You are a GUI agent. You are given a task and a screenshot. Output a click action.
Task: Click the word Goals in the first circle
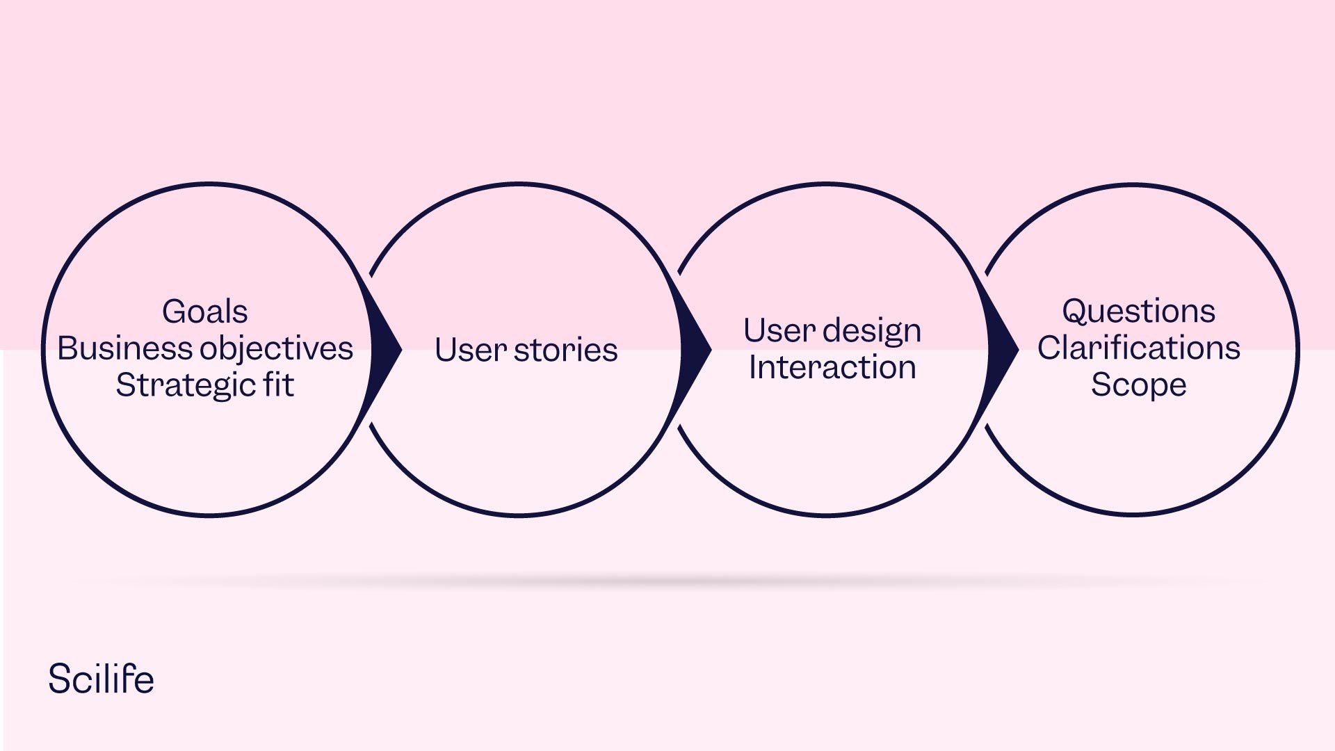point(205,312)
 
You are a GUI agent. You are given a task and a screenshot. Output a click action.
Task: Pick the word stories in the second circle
point(565,349)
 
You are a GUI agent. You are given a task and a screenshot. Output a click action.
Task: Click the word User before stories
point(470,349)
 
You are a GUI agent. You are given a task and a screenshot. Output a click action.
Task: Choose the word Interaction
point(832,367)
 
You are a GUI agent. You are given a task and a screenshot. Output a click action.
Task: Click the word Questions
point(1138,312)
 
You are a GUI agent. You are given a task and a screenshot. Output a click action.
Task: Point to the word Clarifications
point(1138,348)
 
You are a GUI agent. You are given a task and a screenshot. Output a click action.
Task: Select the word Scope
point(1138,385)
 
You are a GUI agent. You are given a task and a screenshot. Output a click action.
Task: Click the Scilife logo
point(101,679)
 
